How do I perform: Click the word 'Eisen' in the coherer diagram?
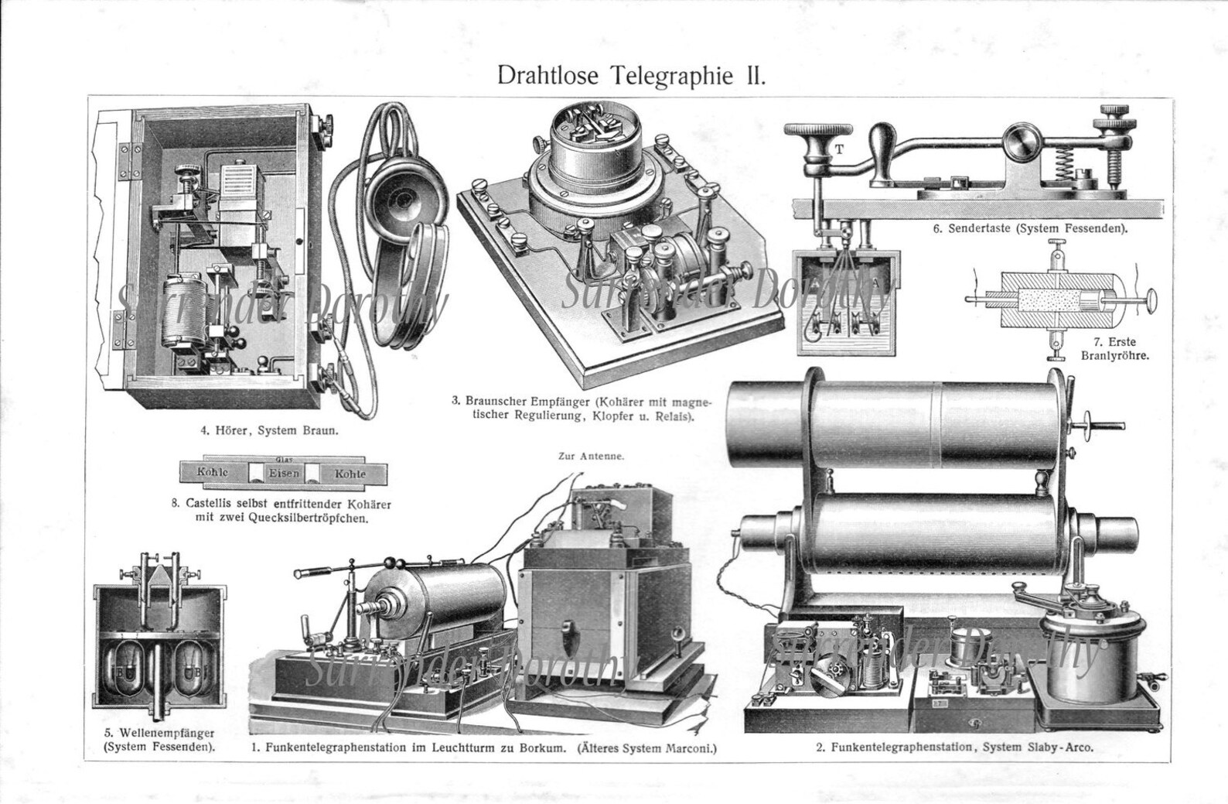click(x=284, y=472)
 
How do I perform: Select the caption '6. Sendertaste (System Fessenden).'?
click(x=1026, y=229)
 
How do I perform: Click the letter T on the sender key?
click(x=837, y=149)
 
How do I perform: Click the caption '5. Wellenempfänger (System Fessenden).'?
click(x=159, y=740)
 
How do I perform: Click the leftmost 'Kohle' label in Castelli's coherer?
click(x=212, y=473)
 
